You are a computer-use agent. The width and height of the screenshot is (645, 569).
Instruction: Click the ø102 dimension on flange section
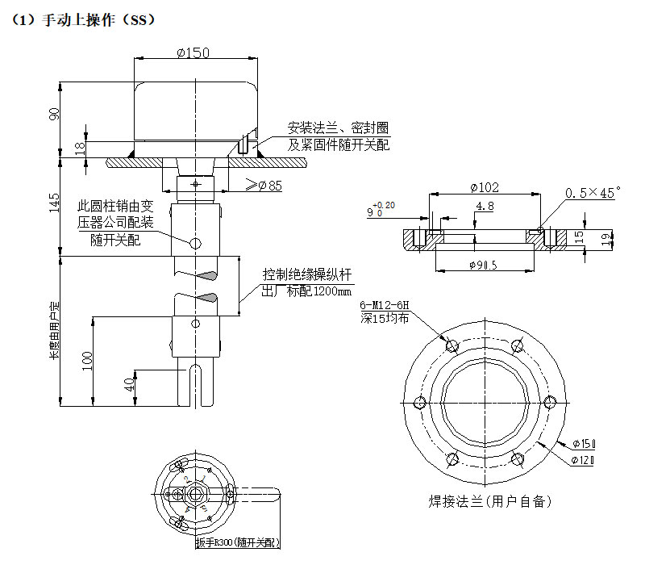(484, 187)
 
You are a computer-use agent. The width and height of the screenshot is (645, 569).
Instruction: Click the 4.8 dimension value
(485, 207)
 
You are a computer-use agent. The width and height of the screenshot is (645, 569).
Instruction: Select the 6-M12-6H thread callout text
(385, 305)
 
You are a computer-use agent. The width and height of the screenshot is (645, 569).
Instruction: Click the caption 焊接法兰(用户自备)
(489, 501)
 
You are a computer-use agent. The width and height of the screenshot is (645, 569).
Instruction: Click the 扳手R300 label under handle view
(239, 543)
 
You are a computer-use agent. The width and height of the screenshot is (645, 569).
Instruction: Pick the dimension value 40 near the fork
(129, 385)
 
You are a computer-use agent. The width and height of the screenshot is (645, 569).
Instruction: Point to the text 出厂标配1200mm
(307, 291)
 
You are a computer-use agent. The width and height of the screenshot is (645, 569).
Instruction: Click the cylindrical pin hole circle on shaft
(193, 243)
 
